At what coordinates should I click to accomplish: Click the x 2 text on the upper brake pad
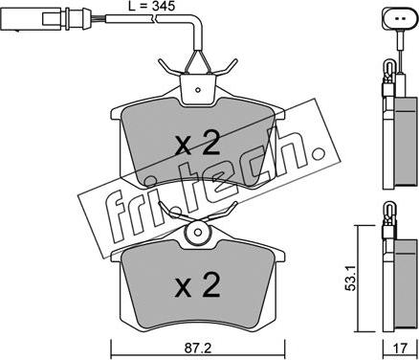tap(199, 145)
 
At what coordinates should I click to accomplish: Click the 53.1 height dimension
tap(350, 279)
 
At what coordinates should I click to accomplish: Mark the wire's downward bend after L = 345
tap(197, 29)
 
